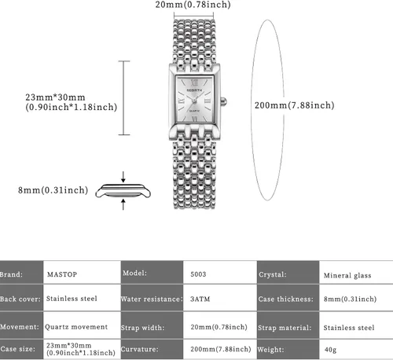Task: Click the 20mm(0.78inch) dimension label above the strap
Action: point(193,5)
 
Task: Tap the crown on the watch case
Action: point(223,101)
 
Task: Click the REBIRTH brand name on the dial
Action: point(194,90)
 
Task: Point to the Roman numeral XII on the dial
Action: point(194,83)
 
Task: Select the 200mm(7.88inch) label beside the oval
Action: point(295,105)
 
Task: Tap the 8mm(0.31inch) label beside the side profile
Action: point(53,190)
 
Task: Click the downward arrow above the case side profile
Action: point(123,177)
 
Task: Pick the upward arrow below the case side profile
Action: point(123,204)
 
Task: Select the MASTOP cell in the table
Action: point(62,274)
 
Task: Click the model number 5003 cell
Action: point(198,274)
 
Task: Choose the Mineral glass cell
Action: point(347,275)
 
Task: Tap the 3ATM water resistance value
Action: point(200,299)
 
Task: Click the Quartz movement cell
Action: point(76,327)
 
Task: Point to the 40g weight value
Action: point(330,350)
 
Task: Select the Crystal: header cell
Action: point(288,273)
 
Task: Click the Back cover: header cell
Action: point(21,298)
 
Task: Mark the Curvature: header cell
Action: point(152,349)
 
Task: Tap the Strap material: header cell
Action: point(288,325)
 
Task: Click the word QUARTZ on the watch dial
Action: point(194,111)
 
